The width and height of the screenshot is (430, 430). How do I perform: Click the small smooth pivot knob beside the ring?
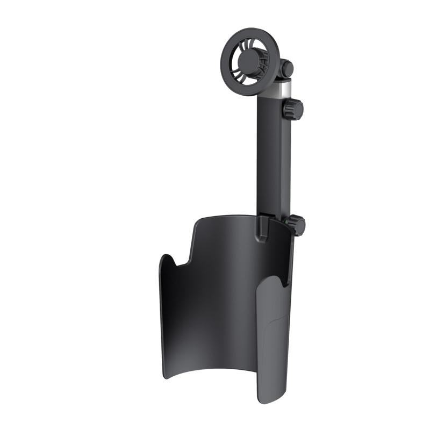287,68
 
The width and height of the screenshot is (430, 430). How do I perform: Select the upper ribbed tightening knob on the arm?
294,110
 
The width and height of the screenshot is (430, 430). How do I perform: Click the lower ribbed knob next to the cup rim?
296,224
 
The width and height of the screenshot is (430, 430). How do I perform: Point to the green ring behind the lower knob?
285,221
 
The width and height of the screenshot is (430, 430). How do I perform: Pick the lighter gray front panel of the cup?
271,344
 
